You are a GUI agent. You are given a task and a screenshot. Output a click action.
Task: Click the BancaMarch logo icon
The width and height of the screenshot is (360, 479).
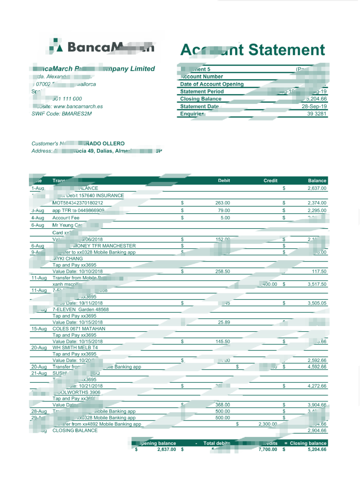[x=56, y=47]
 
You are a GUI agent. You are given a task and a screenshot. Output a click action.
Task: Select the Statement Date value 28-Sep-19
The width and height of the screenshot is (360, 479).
[x=314, y=106]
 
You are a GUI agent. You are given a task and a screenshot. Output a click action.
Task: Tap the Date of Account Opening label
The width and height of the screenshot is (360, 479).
[x=212, y=84]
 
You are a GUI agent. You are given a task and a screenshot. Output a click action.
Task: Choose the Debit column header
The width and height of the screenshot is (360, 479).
[x=224, y=181]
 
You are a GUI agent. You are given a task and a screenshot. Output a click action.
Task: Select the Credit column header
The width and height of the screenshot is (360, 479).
[x=270, y=181]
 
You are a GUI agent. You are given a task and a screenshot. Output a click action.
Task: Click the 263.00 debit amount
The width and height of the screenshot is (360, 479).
[x=222, y=203]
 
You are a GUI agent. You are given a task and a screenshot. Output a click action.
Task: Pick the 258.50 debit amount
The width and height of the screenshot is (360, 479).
[x=222, y=271]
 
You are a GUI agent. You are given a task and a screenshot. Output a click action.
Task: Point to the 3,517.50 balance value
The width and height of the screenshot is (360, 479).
[x=317, y=284]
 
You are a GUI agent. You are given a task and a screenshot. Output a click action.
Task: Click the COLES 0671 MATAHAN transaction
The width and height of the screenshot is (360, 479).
[x=79, y=329]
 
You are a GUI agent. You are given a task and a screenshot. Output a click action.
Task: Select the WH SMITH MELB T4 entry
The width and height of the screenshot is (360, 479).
[x=75, y=348]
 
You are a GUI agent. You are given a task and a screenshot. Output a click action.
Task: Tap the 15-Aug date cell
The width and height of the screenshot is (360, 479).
[x=39, y=329]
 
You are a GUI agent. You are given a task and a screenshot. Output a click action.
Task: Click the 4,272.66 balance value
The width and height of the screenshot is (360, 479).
[x=317, y=386]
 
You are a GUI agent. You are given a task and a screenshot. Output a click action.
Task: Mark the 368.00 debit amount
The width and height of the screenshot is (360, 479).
[x=222, y=405]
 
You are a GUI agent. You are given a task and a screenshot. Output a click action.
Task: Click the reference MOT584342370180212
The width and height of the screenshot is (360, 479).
[x=78, y=203]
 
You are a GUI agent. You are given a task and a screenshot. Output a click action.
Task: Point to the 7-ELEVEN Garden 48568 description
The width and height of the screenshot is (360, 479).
[x=80, y=309]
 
